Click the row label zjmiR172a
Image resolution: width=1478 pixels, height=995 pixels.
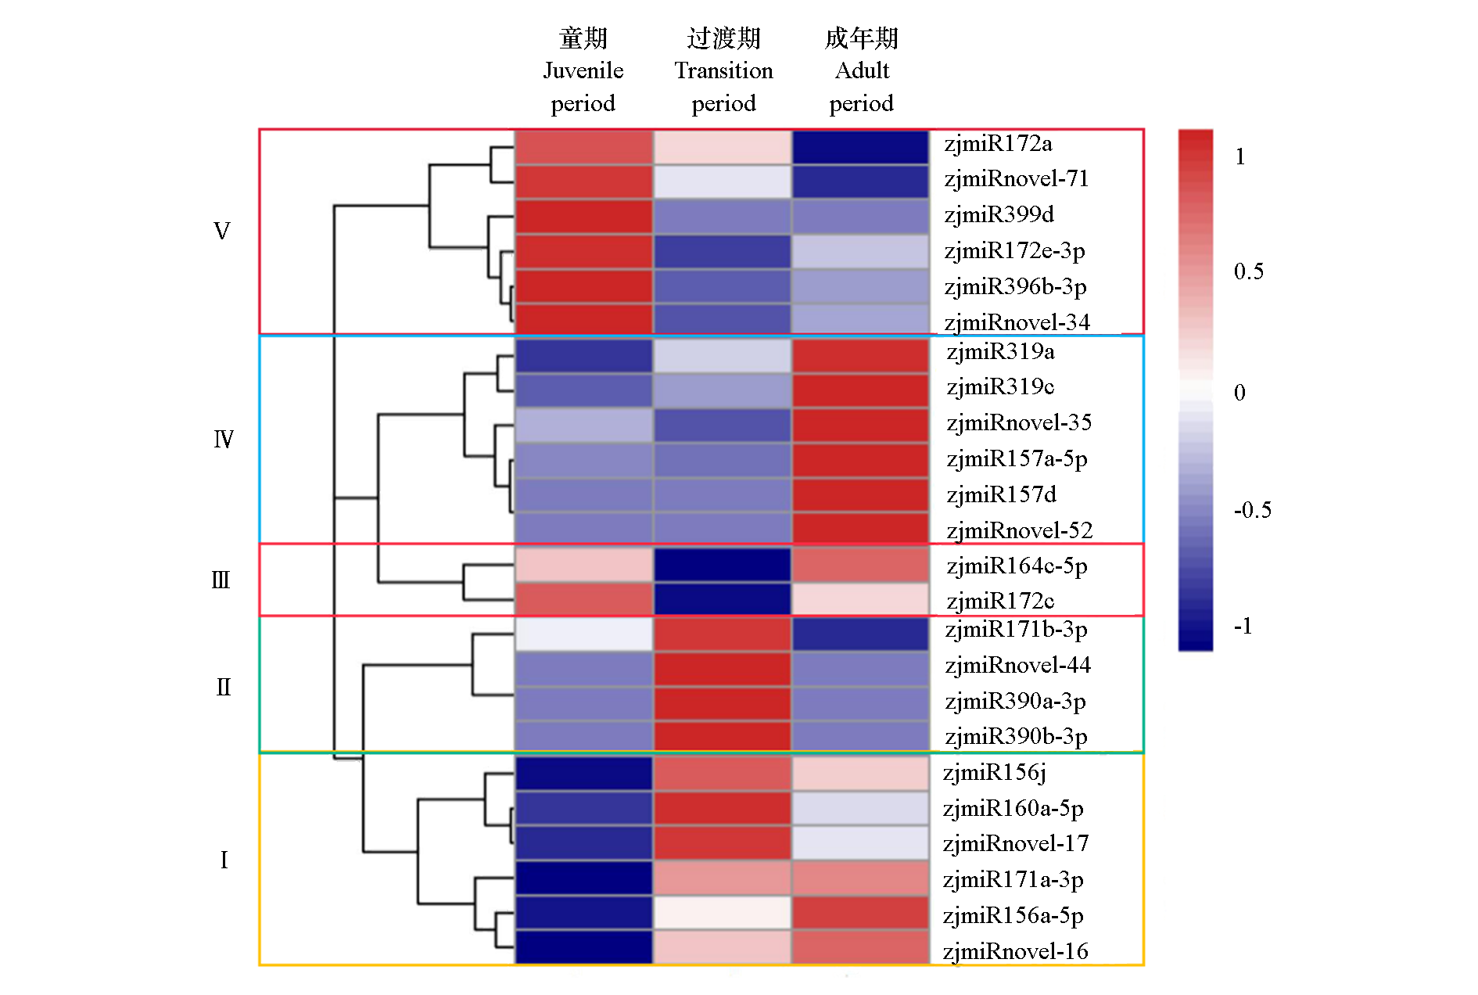998,144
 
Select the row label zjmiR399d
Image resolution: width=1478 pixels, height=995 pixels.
999,214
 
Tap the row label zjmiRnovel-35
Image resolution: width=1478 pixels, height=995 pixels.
1018,422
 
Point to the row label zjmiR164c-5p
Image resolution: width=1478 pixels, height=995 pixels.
1017,566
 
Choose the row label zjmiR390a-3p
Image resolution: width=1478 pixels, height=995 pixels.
1015,702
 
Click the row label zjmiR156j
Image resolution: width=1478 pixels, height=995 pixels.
994,773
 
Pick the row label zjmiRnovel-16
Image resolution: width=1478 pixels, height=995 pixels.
1015,951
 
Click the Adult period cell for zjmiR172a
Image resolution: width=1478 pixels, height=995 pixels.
861,147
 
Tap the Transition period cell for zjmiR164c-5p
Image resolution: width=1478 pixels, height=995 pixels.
722,565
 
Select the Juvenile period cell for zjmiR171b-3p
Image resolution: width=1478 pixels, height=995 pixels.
583,634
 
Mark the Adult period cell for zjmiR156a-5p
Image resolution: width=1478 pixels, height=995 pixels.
861,913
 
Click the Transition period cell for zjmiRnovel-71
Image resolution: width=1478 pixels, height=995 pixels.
722,181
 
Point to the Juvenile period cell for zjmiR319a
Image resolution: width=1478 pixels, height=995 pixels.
583,355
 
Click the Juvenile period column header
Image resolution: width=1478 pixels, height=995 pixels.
583,70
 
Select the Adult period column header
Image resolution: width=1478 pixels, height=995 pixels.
862,70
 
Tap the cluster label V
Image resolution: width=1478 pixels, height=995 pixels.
222,232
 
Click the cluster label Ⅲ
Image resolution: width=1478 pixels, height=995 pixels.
221,580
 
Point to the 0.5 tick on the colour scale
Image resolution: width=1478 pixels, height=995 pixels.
1248,271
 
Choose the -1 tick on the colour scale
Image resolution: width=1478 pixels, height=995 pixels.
1243,626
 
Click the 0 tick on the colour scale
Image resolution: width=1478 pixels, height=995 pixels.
1239,392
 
